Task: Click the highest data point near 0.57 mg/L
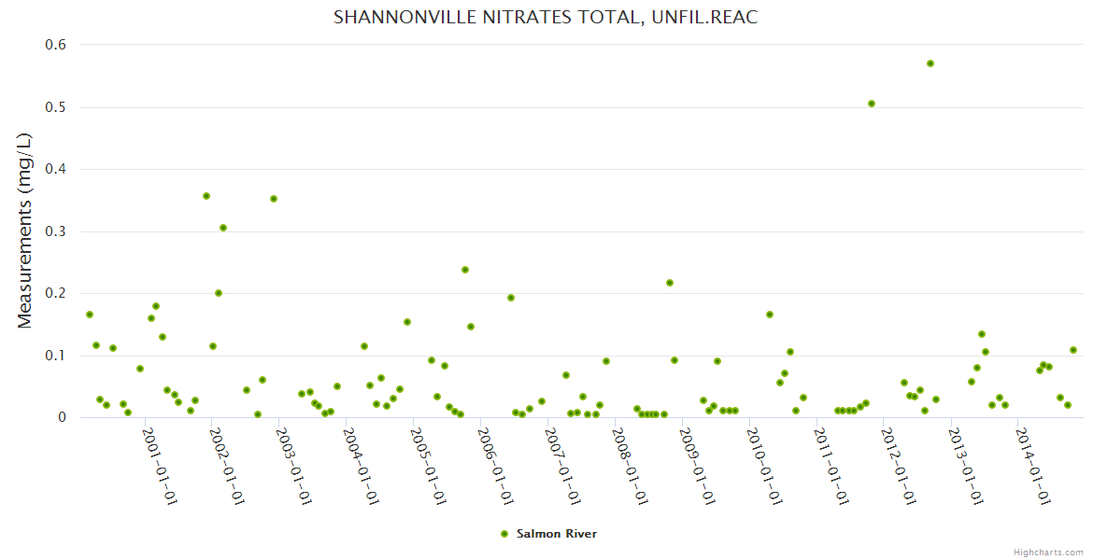(x=930, y=63)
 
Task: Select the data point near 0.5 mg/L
(x=872, y=104)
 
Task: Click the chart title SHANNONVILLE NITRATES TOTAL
(x=546, y=18)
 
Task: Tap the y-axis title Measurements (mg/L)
(x=25, y=230)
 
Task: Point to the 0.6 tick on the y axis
(x=56, y=45)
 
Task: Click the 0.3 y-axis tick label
(x=56, y=231)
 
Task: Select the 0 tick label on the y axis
(x=62, y=418)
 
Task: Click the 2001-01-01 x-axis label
(x=160, y=466)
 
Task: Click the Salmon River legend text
(x=557, y=534)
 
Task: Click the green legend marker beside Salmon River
(x=504, y=534)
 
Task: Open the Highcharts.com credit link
(x=1049, y=552)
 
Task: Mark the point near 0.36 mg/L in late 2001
(x=206, y=196)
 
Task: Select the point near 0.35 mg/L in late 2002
(x=274, y=199)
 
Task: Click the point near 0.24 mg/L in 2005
(x=465, y=270)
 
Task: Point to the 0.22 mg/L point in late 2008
(x=670, y=283)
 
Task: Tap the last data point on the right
(x=1073, y=350)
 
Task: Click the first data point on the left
(x=90, y=315)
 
